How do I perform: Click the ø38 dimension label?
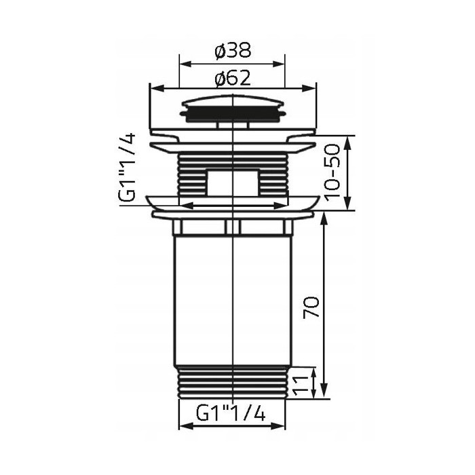232,50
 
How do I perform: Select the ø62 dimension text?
232,77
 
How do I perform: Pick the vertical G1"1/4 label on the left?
128,166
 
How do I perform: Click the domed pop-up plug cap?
232,108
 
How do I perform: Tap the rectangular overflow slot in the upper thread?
232,182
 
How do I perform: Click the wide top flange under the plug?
232,139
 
